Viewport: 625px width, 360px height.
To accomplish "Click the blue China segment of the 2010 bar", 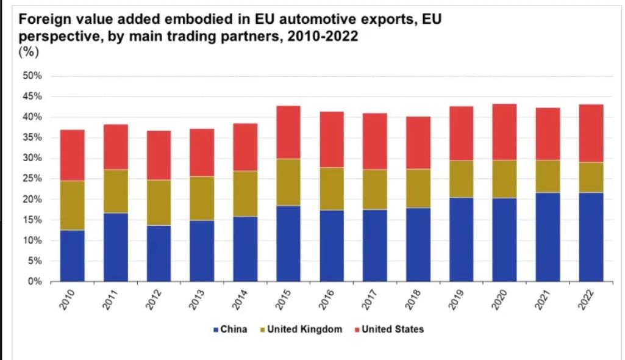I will (x=72, y=256).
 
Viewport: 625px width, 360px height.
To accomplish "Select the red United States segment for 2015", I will (x=288, y=132).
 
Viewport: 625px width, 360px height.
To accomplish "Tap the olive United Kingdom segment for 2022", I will (x=591, y=177).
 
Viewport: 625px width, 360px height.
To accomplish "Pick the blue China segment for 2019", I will (x=461, y=239).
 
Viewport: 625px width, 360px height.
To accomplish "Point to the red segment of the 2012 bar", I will (x=159, y=155).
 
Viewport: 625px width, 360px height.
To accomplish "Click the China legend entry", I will (x=230, y=329).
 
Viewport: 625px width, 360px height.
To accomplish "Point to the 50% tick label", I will (x=32, y=76).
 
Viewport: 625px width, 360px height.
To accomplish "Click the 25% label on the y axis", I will (x=32, y=179).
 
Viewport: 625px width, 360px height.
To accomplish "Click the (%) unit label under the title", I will (x=29, y=52).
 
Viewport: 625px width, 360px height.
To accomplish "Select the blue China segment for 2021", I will (x=548, y=237).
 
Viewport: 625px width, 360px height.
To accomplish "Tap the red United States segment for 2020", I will (x=504, y=132).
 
